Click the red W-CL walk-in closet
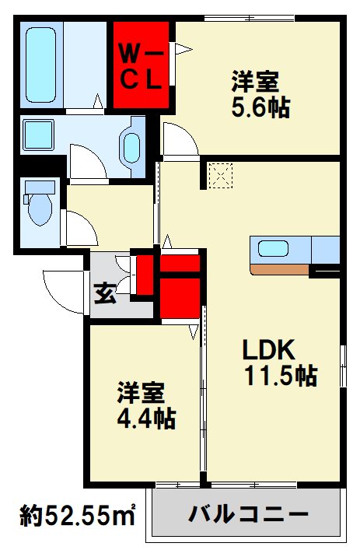pos(141,65)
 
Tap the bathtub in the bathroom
pos(41,65)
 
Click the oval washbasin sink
pos(131,149)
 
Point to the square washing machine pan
pos(39,135)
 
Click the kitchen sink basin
pos(273,248)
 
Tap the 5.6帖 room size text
pos(261,107)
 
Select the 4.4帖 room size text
pos(147,419)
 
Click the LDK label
pos(269,349)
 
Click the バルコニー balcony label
pos(248,514)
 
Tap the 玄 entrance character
pos(106,293)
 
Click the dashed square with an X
pos(221,176)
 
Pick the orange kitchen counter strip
pos(279,269)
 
